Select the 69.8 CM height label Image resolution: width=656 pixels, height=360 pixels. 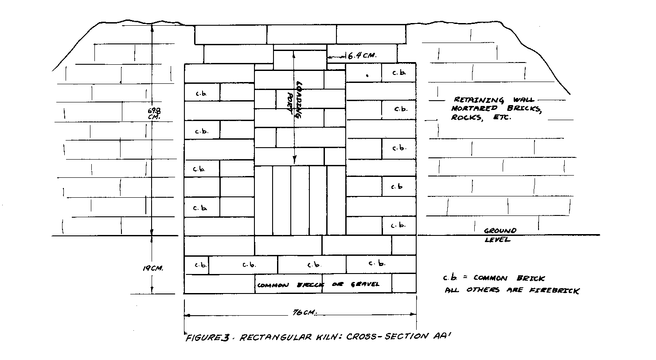pyautogui.click(x=154, y=113)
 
